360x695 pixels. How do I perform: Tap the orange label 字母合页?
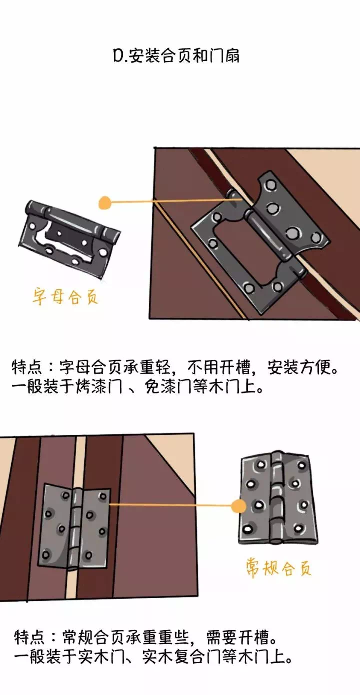click(x=65, y=297)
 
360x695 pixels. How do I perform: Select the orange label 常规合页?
click(x=278, y=568)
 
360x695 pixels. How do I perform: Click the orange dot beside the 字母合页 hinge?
click(x=105, y=203)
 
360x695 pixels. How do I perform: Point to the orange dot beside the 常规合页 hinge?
click(x=238, y=506)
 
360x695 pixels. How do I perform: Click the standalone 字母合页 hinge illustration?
click(x=69, y=240)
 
